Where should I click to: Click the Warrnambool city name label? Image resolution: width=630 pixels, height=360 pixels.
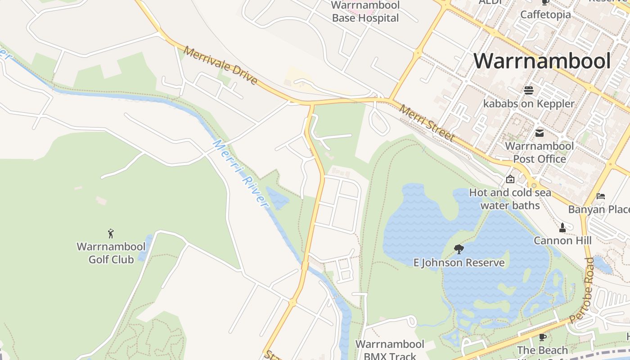(x=542, y=61)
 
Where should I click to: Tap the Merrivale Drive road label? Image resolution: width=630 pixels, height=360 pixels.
(x=220, y=66)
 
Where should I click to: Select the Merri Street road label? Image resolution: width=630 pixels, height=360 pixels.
(x=427, y=123)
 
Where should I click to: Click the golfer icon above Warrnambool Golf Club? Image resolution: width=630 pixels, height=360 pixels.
(x=111, y=234)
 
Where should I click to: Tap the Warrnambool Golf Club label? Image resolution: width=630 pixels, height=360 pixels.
(x=111, y=253)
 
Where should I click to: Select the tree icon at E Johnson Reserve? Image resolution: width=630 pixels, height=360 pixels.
(x=459, y=249)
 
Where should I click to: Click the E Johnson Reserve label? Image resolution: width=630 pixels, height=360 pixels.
(x=459, y=263)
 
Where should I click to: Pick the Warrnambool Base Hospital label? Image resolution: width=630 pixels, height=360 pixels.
(x=365, y=12)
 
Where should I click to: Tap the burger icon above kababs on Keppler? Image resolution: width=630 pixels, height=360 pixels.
(x=528, y=90)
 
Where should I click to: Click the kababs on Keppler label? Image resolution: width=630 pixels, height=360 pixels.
(x=529, y=103)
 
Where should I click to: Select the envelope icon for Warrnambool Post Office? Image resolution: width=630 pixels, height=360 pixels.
(x=539, y=133)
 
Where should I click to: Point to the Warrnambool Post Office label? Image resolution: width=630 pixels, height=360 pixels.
(x=539, y=153)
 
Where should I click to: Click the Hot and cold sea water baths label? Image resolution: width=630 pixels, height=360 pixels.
(x=510, y=199)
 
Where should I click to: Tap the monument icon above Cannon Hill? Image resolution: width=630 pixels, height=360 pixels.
(x=562, y=227)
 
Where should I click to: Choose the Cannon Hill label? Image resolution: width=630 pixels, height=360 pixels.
(x=562, y=241)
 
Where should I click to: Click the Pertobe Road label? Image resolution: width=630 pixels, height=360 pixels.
(x=582, y=290)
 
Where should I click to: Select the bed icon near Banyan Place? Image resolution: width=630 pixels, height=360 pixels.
(x=600, y=196)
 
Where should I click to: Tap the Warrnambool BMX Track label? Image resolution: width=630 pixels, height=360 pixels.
(x=390, y=350)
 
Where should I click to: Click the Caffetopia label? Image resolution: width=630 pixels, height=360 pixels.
(x=545, y=14)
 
